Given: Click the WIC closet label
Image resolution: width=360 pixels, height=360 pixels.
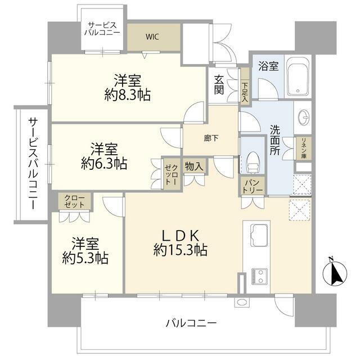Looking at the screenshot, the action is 152,37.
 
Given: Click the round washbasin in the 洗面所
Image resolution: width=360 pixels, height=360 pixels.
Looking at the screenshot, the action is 304,118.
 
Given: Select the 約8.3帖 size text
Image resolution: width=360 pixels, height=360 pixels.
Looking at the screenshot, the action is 128,95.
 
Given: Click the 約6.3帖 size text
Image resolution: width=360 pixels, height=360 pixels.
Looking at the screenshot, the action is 104,164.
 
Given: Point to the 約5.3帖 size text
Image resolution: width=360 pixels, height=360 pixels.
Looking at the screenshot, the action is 85,258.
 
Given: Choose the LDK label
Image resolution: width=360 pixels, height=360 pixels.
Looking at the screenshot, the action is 180,236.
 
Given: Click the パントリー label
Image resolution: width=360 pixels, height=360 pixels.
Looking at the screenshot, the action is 253,187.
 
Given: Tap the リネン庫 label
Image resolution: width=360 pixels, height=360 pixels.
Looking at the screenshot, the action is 304,148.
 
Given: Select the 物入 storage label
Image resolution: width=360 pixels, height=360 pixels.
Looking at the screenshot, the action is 194,166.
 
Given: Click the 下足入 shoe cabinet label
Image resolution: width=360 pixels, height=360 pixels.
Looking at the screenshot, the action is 245,92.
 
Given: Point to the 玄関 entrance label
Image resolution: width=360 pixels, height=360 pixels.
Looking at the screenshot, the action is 219,84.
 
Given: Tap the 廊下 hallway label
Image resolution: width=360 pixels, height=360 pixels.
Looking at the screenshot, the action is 211,138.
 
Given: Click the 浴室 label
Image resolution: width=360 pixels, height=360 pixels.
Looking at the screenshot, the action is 268,66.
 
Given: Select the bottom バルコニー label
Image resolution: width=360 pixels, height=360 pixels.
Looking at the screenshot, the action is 191,324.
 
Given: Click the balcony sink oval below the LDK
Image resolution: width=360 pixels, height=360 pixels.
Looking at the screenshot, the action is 242,303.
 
